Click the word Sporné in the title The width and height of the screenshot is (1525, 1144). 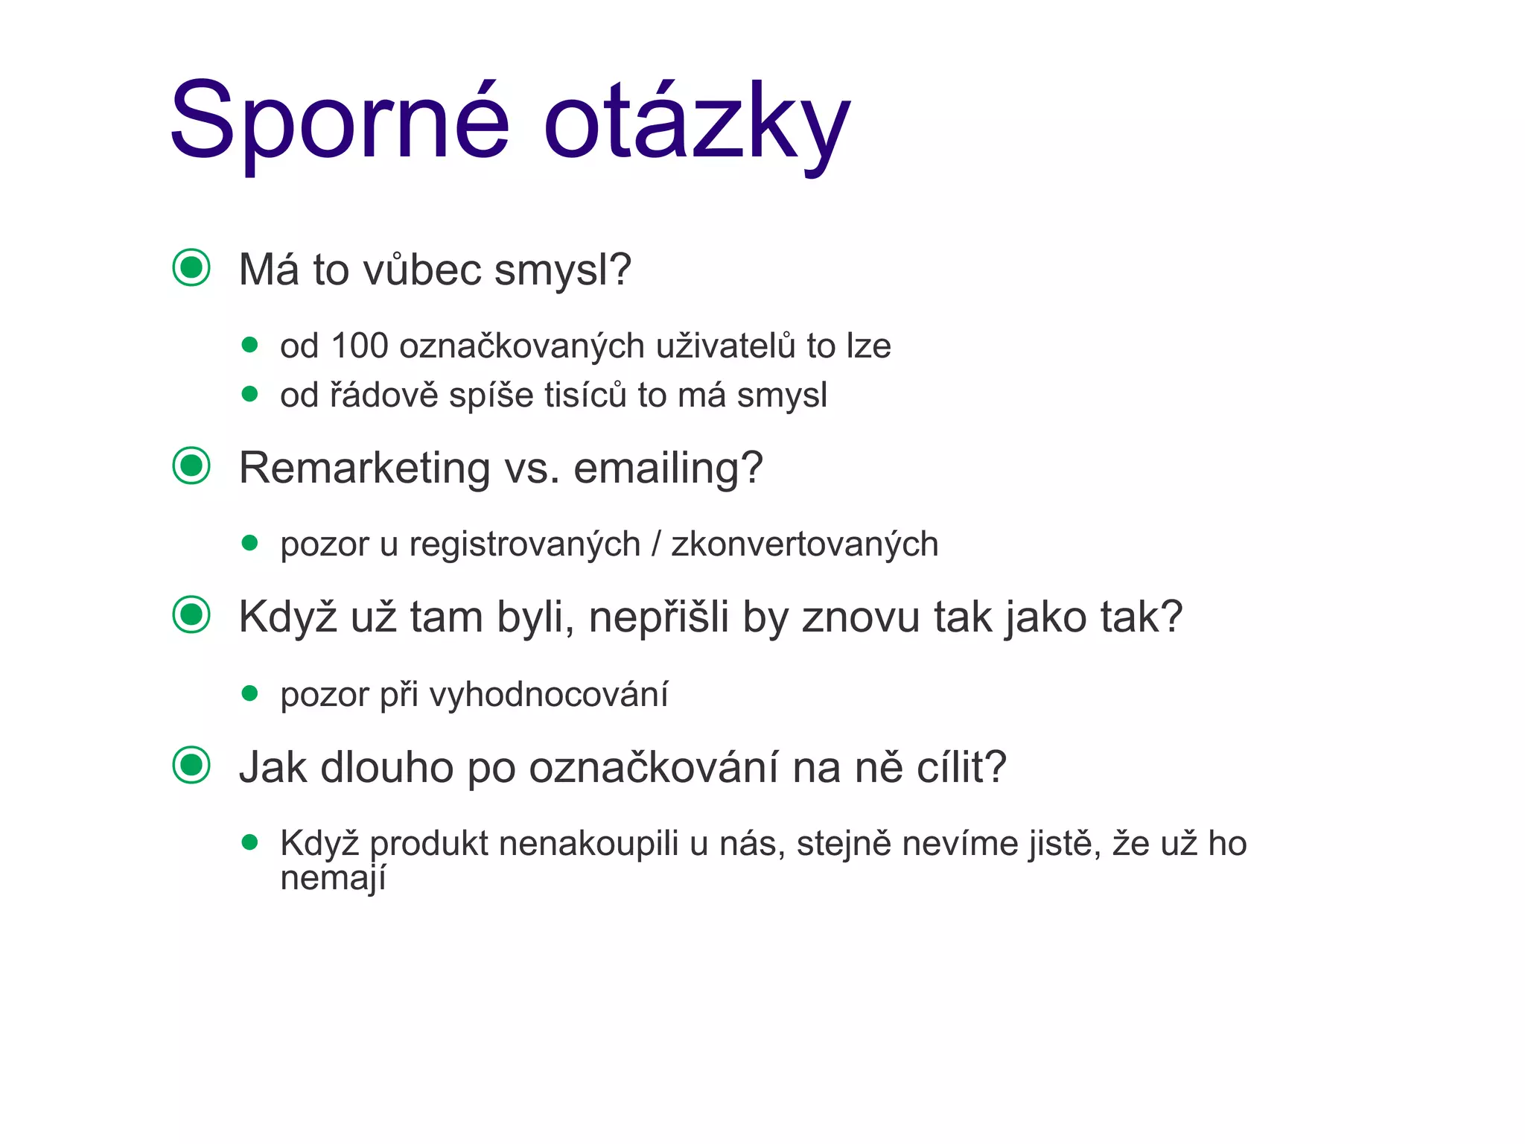pyautogui.click(x=340, y=121)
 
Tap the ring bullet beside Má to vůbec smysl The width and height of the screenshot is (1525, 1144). pyautogui.click(x=191, y=267)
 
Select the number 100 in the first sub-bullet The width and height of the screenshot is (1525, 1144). pyautogui.click(x=360, y=346)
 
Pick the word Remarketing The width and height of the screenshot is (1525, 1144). pyautogui.click(x=365, y=468)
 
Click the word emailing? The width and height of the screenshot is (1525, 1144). pyautogui.click(x=668, y=468)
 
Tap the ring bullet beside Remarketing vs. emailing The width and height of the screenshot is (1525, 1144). pyautogui.click(x=191, y=466)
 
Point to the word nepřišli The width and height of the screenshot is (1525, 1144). pyautogui.click(x=658, y=618)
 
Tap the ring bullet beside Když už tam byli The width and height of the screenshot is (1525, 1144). pyautogui.click(x=191, y=615)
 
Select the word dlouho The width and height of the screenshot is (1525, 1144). pyautogui.click(x=386, y=768)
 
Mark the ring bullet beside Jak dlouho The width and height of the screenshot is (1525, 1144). pyautogui.click(x=191, y=765)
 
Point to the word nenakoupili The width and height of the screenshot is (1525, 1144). pyautogui.click(x=588, y=845)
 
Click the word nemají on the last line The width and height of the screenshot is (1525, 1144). pyautogui.click(x=333, y=879)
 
